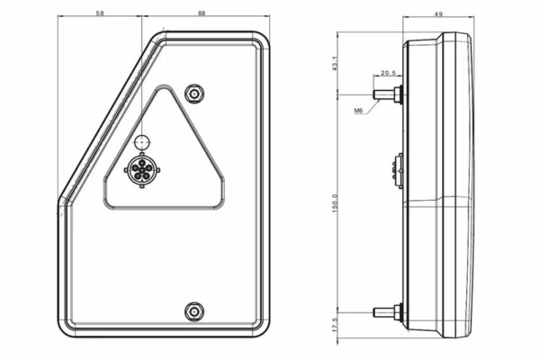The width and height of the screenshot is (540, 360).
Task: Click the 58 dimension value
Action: point(100,13)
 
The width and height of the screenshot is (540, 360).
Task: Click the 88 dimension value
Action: point(202,13)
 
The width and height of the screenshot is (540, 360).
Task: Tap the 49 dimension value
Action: point(438,14)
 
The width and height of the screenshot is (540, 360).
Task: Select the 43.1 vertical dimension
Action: point(335,64)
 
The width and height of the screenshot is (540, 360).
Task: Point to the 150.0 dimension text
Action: point(335,203)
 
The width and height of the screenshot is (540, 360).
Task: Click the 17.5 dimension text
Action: point(335,325)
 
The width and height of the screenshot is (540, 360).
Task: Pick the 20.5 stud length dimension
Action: point(388,73)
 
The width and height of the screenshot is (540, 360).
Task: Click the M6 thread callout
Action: point(358,111)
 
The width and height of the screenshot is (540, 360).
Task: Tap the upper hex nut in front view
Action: point(194,94)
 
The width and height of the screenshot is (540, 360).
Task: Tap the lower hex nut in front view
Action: point(194,311)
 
